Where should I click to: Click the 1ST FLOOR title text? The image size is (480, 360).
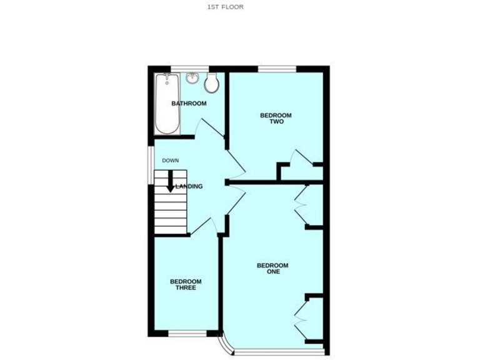(225, 7)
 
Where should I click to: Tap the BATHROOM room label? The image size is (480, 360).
(189, 104)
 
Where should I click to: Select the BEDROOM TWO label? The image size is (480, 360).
(276, 118)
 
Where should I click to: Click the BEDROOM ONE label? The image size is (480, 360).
(272, 268)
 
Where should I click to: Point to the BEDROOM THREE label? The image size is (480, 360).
(186, 284)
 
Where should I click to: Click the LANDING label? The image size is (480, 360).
(189, 186)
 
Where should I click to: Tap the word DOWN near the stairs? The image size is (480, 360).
(171, 161)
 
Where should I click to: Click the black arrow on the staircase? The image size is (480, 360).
(170, 181)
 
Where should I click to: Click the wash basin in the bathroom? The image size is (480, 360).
(191, 79)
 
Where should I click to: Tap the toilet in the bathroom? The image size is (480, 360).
(211, 82)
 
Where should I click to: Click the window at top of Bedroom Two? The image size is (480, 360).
(277, 68)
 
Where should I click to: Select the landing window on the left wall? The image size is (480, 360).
(150, 165)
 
